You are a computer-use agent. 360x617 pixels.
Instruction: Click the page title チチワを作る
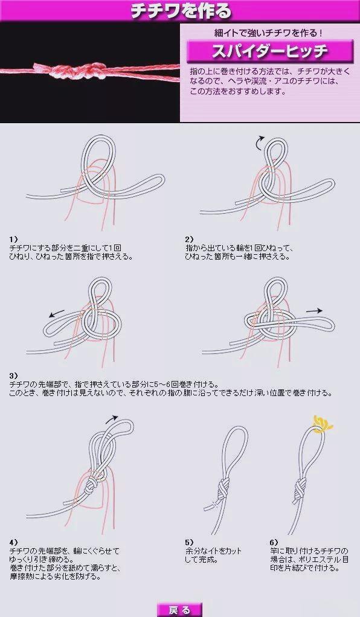(x=180, y=11)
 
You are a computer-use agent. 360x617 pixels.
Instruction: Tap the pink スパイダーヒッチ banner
(x=270, y=51)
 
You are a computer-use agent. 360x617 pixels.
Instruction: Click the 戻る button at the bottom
(x=179, y=610)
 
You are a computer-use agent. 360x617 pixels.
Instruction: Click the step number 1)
(x=14, y=239)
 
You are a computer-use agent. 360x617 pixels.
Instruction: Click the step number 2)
(x=190, y=239)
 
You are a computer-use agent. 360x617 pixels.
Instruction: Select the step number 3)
(x=14, y=375)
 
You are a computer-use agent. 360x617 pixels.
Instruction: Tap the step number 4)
(x=14, y=542)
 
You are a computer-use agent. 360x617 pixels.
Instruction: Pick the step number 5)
(x=190, y=542)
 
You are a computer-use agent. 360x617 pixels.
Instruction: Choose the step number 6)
(x=274, y=542)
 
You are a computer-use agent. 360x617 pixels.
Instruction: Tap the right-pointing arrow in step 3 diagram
(x=313, y=310)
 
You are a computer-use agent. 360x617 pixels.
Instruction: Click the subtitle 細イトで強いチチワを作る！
(x=270, y=31)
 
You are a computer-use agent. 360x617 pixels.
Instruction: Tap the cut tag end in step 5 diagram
(x=210, y=505)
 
